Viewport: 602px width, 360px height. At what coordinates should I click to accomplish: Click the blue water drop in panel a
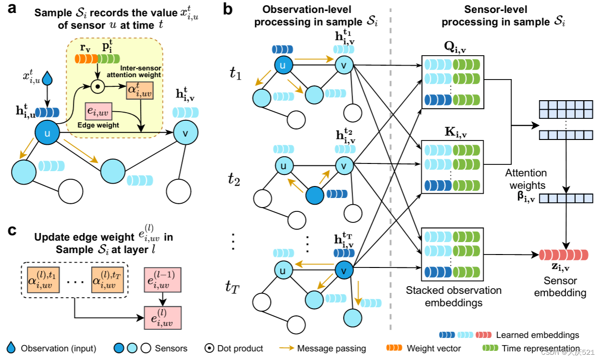[47, 77]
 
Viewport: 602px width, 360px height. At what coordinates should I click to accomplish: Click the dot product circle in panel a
[97, 87]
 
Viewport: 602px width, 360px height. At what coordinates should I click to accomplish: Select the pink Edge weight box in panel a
[98, 111]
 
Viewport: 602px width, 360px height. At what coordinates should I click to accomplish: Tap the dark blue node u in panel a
[47, 134]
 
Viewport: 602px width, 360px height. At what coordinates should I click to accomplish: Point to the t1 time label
[236, 73]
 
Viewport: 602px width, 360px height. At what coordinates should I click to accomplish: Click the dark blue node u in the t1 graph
[283, 66]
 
